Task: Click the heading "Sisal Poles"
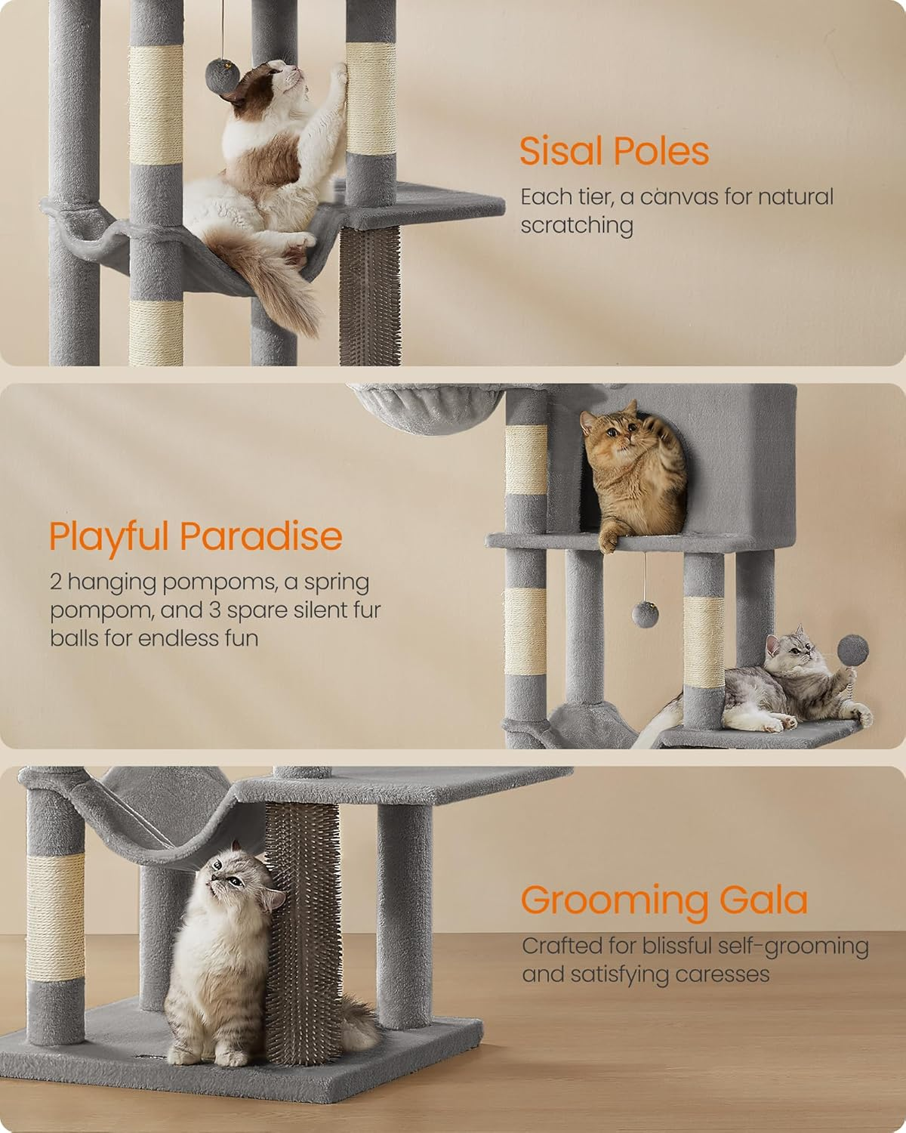pyautogui.click(x=614, y=151)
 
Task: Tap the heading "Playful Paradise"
pyautogui.click(x=196, y=536)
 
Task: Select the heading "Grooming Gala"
pyautogui.click(x=664, y=900)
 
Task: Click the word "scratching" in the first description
pyautogui.click(x=576, y=226)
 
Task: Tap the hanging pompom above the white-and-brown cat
pyautogui.click(x=223, y=73)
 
